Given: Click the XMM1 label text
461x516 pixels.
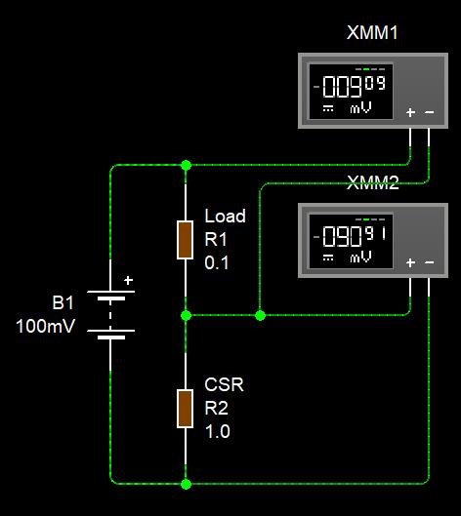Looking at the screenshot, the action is click(372, 32).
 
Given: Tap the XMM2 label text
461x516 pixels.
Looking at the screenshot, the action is click(373, 182).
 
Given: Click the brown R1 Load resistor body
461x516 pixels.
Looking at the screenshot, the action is click(186, 240).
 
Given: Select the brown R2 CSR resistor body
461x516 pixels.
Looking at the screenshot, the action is click(186, 409).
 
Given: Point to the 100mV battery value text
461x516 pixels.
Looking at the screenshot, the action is click(46, 326).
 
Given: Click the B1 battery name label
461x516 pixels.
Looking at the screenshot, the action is click(63, 302).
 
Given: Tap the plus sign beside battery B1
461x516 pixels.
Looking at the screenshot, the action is click(128, 280).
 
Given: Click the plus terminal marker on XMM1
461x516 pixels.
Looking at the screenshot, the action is click(410, 112).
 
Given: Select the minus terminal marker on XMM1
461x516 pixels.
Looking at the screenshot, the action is click(430, 112).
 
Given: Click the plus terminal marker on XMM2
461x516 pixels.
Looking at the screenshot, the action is click(410, 262).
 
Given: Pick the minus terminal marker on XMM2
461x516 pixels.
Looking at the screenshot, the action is click(430, 262).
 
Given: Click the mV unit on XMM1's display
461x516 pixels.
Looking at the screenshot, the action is click(360, 107).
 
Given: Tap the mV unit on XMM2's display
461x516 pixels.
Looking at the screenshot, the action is click(360, 257).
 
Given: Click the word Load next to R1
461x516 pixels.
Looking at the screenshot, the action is click(225, 217).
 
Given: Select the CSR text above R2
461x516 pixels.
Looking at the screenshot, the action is click(224, 384).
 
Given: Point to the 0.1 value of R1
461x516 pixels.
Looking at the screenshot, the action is click(217, 263).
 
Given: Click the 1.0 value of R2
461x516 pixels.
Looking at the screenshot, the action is click(218, 431).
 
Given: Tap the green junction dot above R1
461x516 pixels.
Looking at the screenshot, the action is click(186, 165).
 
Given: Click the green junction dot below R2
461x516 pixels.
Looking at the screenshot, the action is click(186, 484).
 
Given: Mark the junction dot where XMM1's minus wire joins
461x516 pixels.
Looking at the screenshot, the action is click(260, 316).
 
